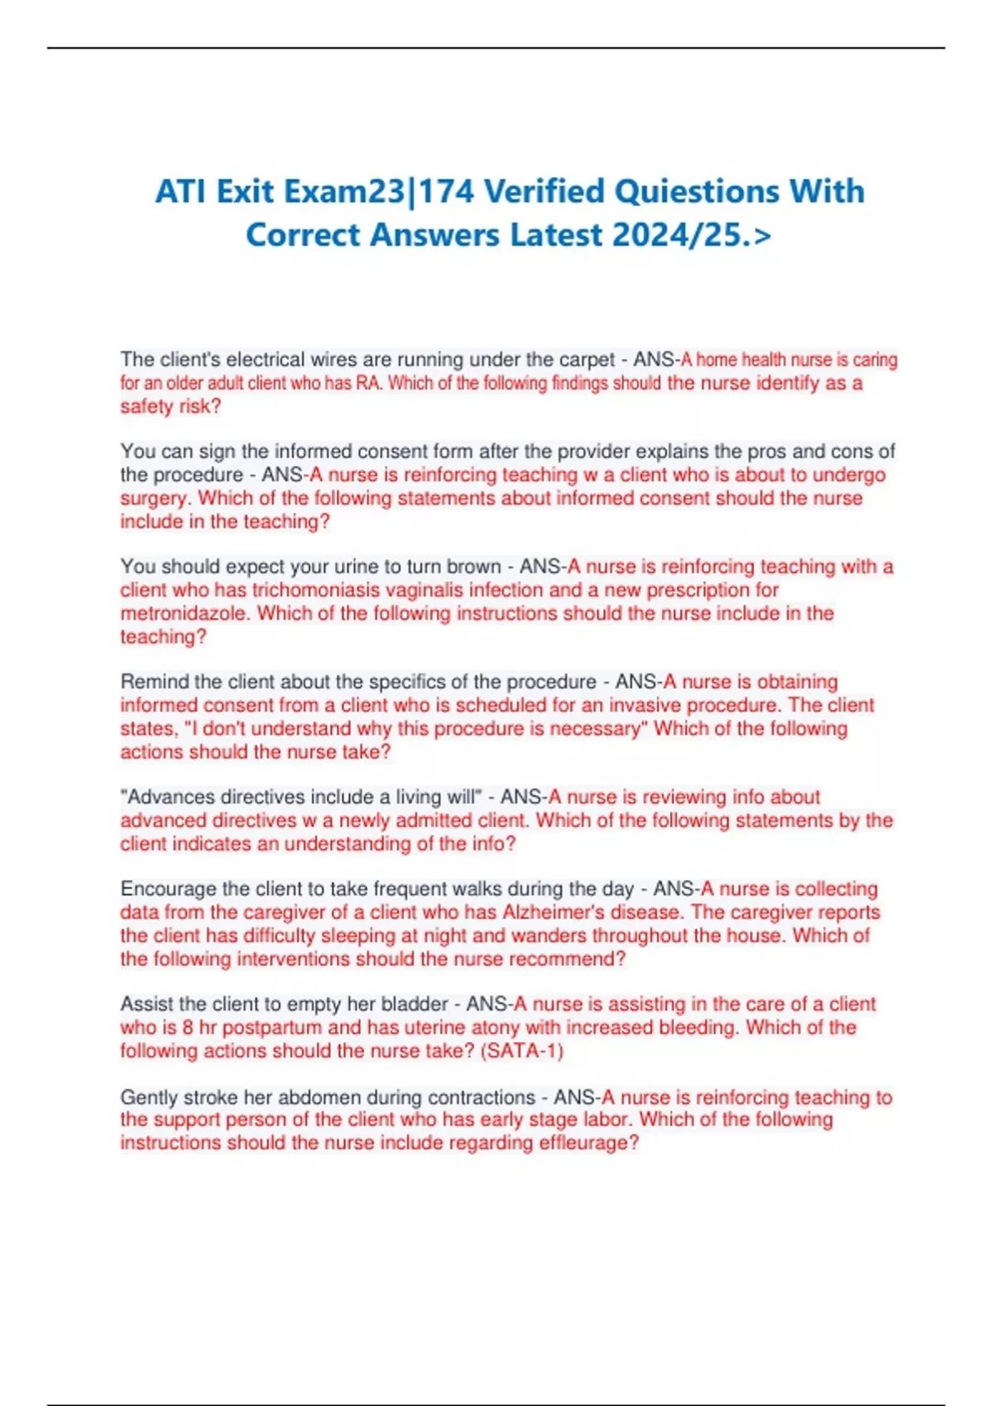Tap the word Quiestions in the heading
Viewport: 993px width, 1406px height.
coord(686,192)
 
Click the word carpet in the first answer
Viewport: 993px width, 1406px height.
coord(586,360)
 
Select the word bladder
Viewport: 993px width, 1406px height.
coord(414,1004)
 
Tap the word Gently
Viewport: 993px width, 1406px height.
coord(149,1098)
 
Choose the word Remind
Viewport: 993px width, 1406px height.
coord(154,682)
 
